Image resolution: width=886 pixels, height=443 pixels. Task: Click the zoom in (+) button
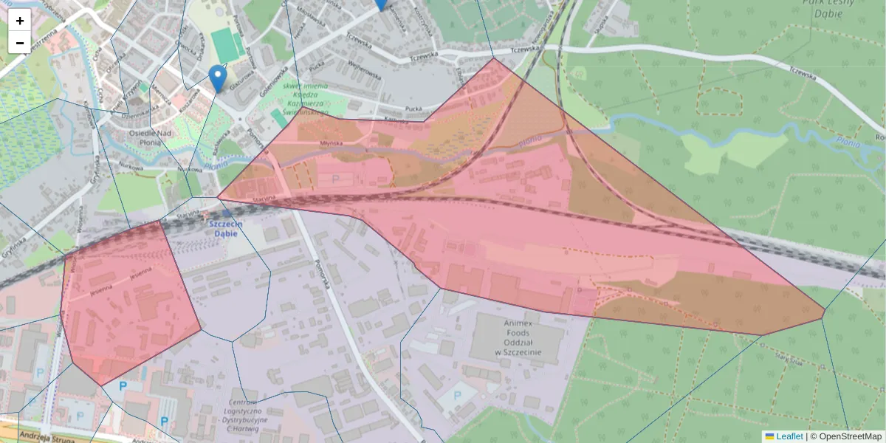(20, 20)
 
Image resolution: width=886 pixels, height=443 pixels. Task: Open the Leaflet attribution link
(789, 436)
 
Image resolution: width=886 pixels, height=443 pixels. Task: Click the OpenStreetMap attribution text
(850, 436)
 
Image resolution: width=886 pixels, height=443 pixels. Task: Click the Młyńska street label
(332, 143)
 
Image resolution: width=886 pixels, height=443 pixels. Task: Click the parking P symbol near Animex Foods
(456, 396)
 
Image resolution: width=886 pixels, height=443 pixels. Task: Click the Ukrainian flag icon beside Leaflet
(769, 436)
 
